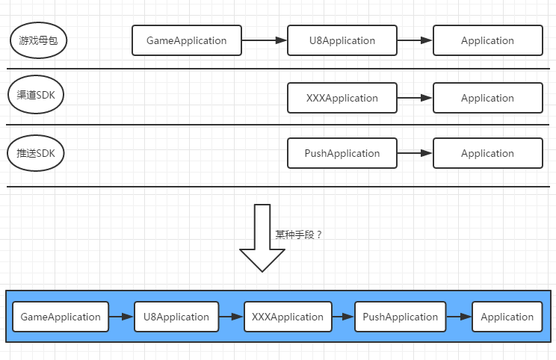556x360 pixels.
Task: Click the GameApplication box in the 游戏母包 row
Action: pyautogui.click(x=187, y=40)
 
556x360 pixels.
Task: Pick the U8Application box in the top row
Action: pyautogui.click(x=342, y=40)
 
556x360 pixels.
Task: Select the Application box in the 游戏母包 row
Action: pyautogui.click(x=487, y=40)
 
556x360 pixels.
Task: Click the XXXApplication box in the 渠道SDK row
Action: pyautogui.click(x=342, y=98)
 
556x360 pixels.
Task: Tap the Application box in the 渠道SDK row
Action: pyautogui.click(x=487, y=98)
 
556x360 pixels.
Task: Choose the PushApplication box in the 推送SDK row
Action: pyautogui.click(x=342, y=153)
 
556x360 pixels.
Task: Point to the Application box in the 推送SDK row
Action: pyautogui.click(x=487, y=153)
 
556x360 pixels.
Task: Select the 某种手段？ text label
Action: pyautogui.click(x=299, y=235)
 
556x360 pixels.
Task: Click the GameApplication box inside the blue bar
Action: pyautogui.click(x=61, y=317)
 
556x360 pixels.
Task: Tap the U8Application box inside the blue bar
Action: pyautogui.click(x=176, y=317)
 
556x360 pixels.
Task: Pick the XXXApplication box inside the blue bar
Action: pyautogui.click(x=288, y=317)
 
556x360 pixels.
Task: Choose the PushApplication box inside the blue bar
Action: pyautogui.click(x=400, y=317)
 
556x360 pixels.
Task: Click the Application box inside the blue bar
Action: pyautogui.click(x=507, y=317)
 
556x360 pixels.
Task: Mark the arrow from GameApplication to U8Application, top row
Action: pyautogui.click(x=265, y=40)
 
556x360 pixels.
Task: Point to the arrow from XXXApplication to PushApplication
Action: pyautogui.click(x=343, y=317)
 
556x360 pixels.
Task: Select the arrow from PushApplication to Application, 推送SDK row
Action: pyautogui.click(x=415, y=153)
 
